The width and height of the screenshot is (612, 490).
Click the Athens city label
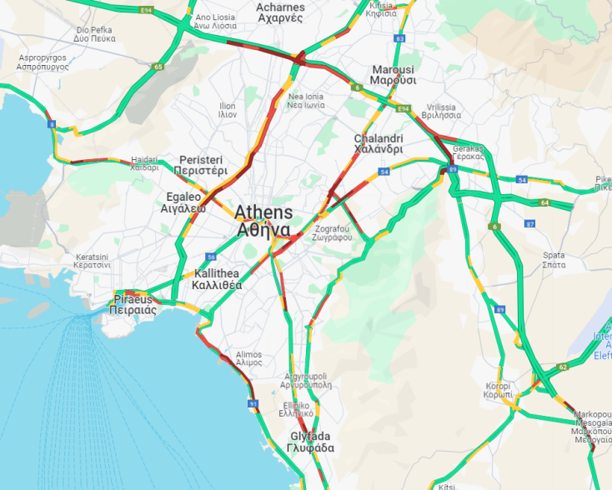(x=263, y=221)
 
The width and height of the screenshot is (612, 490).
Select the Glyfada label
(x=312, y=442)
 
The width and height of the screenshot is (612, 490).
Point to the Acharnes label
(x=280, y=12)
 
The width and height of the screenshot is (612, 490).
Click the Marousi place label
(x=393, y=75)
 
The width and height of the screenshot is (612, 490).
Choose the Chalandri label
(x=379, y=143)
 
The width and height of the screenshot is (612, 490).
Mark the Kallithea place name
(x=217, y=279)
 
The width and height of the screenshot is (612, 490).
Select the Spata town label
(x=553, y=260)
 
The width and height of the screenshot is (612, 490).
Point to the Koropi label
(x=504, y=392)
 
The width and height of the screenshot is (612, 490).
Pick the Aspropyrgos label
(x=41, y=62)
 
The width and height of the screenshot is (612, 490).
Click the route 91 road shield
(x=253, y=404)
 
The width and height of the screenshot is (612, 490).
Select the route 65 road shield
(x=158, y=67)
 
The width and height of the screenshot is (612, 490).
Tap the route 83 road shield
(x=401, y=39)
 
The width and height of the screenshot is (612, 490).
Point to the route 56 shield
(x=212, y=257)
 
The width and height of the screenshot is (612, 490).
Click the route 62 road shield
(x=563, y=367)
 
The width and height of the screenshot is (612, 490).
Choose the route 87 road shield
(x=529, y=224)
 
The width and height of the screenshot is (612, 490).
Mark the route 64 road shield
(x=544, y=202)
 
